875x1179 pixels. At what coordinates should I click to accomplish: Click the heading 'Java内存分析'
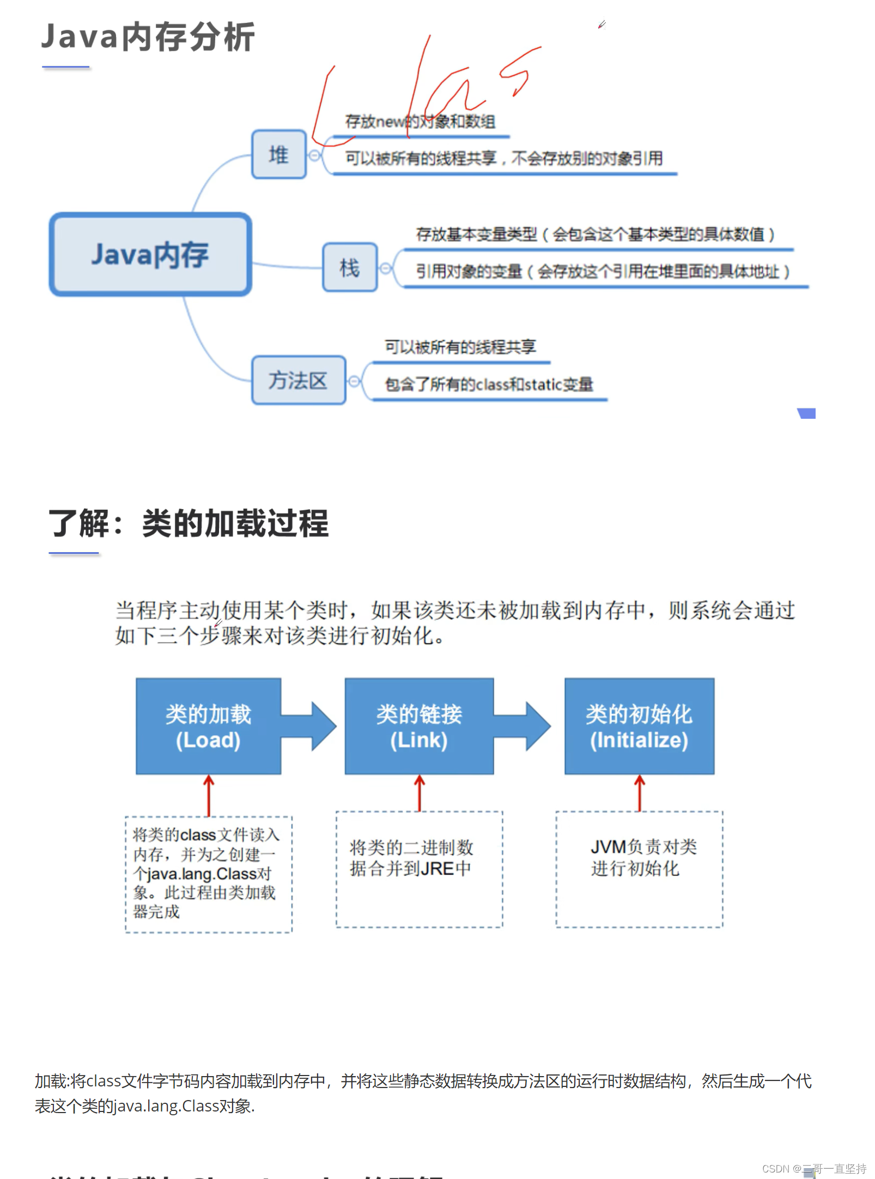tap(148, 37)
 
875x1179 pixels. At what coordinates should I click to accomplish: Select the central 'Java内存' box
tap(150, 254)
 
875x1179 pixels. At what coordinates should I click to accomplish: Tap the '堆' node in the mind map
tap(278, 155)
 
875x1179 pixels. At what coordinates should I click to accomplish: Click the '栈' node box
tap(350, 267)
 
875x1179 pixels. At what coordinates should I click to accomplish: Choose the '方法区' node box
tap(298, 380)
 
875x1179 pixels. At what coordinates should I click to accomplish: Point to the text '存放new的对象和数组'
tap(420, 121)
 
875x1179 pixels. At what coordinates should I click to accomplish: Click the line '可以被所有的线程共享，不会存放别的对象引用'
tap(504, 158)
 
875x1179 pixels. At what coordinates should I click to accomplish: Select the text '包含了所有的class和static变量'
tap(489, 384)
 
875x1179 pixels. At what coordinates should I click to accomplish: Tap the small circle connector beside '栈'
tap(386, 268)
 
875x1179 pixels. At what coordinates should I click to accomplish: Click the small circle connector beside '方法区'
tap(354, 381)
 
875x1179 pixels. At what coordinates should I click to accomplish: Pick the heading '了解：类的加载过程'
tap(189, 523)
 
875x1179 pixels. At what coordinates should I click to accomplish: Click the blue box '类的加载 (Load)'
tap(208, 726)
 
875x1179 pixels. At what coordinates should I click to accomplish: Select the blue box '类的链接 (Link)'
tap(419, 726)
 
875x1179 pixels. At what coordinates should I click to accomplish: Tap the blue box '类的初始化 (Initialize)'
tap(639, 726)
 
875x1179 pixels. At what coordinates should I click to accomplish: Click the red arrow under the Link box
tap(419, 793)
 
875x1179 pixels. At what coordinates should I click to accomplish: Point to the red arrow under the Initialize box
tap(640, 793)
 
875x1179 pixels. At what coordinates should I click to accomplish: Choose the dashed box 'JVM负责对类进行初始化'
tap(639, 869)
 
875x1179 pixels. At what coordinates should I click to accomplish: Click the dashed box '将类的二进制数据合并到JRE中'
tap(419, 869)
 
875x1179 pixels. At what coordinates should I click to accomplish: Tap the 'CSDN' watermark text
tap(775, 1169)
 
